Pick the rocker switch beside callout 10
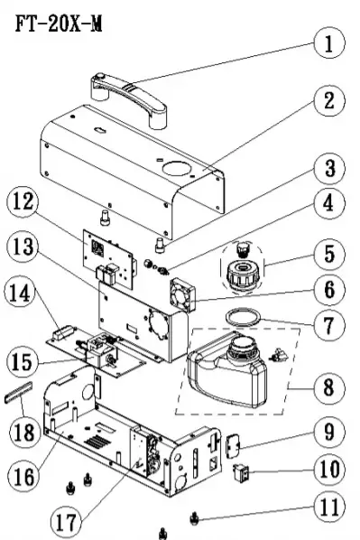(x=242, y=473)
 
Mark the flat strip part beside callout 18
(x=22, y=394)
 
